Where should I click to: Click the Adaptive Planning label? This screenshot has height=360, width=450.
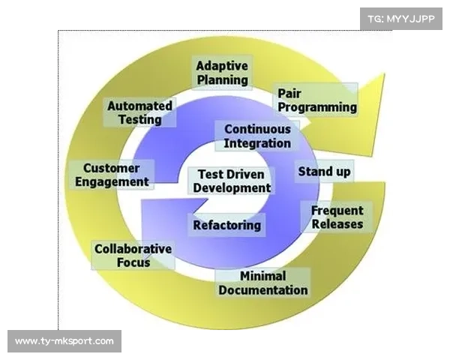click(x=222, y=72)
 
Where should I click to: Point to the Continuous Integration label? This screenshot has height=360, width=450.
click(x=257, y=136)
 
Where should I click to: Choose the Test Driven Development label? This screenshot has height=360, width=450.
click(x=232, y=181)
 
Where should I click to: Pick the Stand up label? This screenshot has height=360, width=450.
click(x=324, y=172)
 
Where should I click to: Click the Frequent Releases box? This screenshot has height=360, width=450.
click(x=337, y=217)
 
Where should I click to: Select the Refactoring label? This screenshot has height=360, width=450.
click(x=227, y=224)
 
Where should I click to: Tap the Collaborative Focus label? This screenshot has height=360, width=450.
click(x=133, y=256)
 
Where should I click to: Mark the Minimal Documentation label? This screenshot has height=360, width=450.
click(x=262, y=283)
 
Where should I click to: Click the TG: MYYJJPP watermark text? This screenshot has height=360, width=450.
click(x=401, y=17)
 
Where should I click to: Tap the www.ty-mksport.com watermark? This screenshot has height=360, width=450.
click(x=64, y=341)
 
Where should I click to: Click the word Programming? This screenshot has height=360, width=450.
click(x=317, y=106)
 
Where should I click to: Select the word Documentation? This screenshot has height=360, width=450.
click(x=262, y=289)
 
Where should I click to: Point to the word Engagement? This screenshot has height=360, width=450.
click(x=115, y=181)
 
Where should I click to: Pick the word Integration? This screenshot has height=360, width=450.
click(x=257, y=142)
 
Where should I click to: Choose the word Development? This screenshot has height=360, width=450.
click(x=232, y=188)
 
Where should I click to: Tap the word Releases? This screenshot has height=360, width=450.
click(x=337, y=223)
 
